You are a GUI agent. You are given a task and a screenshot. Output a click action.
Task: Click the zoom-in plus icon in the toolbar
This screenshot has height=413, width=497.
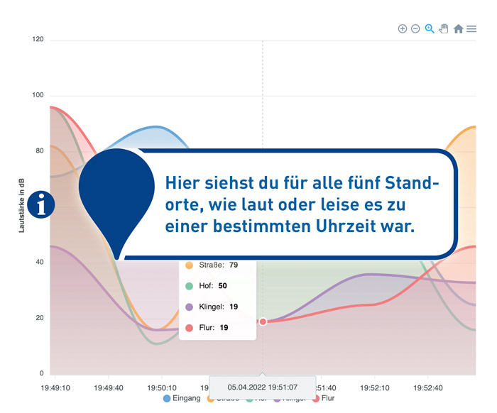pyautogui.click(x=403, y=28)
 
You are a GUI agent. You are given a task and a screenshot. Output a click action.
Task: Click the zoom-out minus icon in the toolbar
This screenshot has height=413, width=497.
pyautogui.click(x=415, y=28)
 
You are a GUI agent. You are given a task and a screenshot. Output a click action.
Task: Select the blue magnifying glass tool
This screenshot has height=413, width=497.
pyautogui.click(x=430, y=28)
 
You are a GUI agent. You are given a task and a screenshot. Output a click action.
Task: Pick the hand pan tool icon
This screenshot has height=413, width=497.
pyautogui.click(x=444, y=28)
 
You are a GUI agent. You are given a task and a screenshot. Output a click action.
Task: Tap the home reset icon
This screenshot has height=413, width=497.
pyautogui.click(x=458, y=29)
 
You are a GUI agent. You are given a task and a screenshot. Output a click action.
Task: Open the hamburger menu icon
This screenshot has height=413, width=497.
pyautogui.click(x=471, y=29)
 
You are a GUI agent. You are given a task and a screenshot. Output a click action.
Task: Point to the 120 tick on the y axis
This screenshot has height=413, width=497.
pyautogui.click(x=38, y=40)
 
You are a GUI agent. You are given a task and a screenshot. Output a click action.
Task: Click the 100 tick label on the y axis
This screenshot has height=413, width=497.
pyautogui.click(x=38, y=95)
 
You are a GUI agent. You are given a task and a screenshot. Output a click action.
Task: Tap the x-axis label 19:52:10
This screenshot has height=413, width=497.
pyautogui.click(x=374, y=388)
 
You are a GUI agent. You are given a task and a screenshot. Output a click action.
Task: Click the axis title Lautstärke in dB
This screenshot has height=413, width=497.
pyautogui.click(x=22, y=206)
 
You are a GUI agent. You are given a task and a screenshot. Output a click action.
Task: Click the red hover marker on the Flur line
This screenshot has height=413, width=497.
pyautogui.click(x=263, y=321)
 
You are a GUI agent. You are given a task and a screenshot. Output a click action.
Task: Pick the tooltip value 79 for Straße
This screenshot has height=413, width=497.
pyautogui.click(x=234, y=265)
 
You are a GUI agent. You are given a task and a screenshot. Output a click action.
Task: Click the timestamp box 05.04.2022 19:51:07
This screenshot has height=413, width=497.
pyautogui.click(x=262, y=387)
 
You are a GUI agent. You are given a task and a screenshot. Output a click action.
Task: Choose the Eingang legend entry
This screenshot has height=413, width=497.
pyautogui.click(x=182, y=398)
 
